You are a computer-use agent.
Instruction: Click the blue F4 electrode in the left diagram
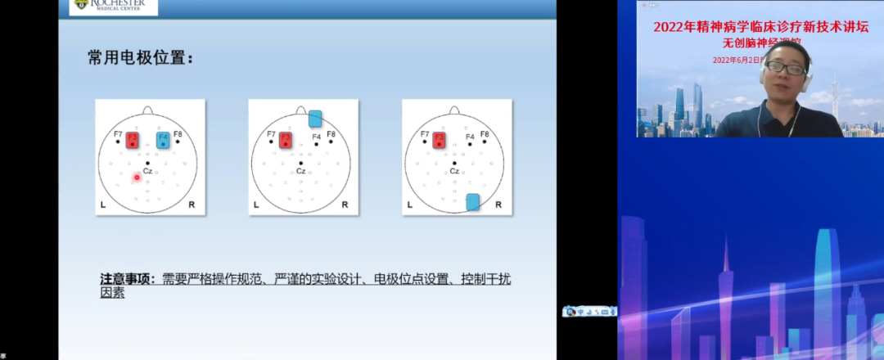(163, 141)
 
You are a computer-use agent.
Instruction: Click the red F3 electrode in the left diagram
(133, 141)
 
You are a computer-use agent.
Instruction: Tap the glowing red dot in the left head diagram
(137, 177)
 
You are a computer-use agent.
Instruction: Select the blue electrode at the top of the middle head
(316, 119)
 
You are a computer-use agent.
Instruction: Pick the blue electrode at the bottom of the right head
(472, 202)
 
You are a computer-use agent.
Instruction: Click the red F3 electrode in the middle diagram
(285, 141)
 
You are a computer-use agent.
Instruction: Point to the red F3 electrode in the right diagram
(439, 141)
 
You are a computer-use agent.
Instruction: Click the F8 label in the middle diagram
(331, 133)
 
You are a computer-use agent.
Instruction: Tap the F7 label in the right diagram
(424, 133)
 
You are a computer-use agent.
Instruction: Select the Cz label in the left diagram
(147, 171)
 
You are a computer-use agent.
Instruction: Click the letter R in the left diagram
(192, 204)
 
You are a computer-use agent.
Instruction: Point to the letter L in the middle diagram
(255, 204)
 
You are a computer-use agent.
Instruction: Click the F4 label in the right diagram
(470, 137)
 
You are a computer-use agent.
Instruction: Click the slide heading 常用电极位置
(141, 58)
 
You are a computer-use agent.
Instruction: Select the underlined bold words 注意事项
(127, 279)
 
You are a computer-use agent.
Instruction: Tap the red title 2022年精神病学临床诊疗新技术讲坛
(760, 27)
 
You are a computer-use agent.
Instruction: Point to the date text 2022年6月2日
(737, 60)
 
